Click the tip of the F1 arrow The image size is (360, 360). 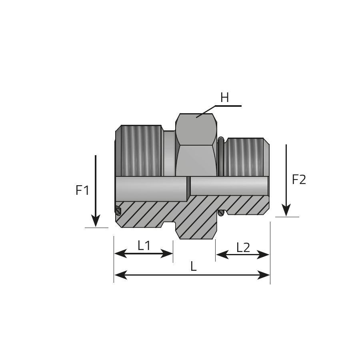[x=96, y=227]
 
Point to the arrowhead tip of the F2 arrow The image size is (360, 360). [x=286, y=216]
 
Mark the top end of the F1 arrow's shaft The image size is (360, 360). [x=96, y=155]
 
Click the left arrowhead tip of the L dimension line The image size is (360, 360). [x=114, y=275]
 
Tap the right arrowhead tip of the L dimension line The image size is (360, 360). [x=270, y=275]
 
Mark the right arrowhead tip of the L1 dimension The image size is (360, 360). [x=173, y=254]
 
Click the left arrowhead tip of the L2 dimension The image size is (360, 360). [x=216, y=254]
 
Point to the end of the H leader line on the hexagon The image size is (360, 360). [x=196, y=118]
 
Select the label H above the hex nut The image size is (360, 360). [x=224, y=98]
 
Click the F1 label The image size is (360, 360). [x=82, y=190]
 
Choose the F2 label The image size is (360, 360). [x=299, y=180]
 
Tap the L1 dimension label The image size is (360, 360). [x=144, y=246]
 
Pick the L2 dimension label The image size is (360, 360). [x=243, y=248]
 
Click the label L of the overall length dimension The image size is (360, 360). [x=194, y=266]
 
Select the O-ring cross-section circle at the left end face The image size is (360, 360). [x=118, y=211]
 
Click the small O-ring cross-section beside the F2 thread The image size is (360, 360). [x=221, y=213]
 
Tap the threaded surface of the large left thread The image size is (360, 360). [x=141, y=151]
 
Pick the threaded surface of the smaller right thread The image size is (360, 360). [x=245, y=157]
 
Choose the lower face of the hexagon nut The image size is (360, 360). [x=196, y=161]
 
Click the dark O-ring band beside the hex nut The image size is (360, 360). [x=221, y=157]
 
